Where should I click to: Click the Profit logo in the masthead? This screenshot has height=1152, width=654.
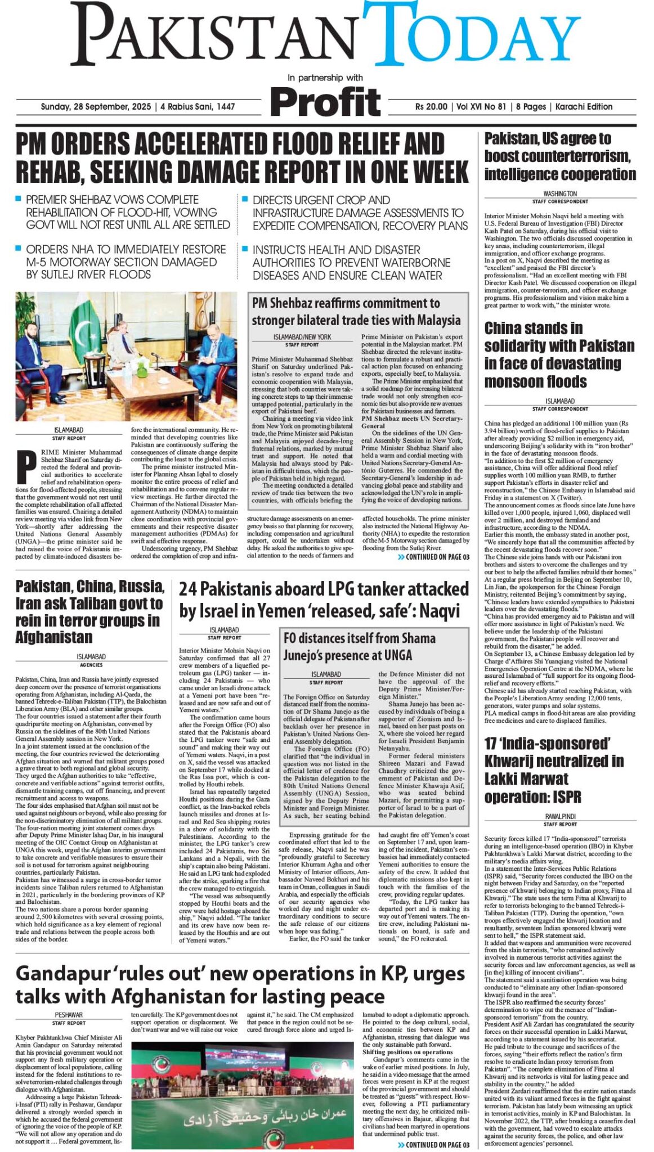coord(325,102)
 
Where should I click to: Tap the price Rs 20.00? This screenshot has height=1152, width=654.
coord(431,107)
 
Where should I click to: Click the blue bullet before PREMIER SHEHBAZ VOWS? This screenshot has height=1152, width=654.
coord(19,199)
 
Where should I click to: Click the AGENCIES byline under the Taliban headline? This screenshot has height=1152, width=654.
coord(91,665)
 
